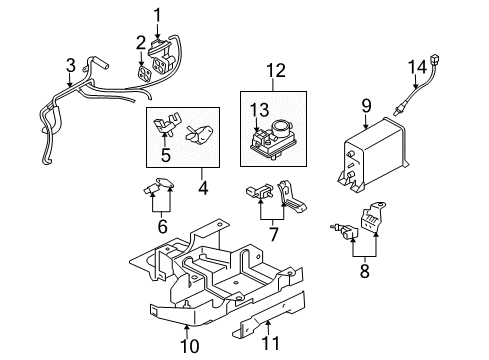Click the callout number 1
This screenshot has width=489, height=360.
(x=157, y=14)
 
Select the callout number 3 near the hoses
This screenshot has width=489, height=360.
(x=69, y=66)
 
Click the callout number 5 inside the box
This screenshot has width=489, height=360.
(x=166, y=155)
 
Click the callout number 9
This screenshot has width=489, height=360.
(x=366, y=103)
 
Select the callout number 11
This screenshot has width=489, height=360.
(x=265, y=347)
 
